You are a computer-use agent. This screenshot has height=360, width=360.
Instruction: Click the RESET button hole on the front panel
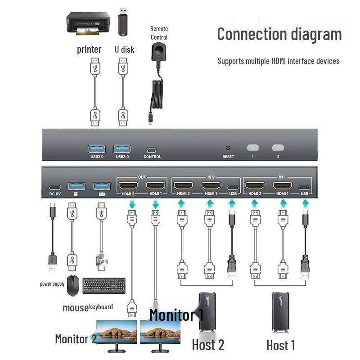228,148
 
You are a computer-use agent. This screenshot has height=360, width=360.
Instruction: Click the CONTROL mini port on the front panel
152,150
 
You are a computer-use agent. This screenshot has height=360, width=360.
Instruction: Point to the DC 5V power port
54,187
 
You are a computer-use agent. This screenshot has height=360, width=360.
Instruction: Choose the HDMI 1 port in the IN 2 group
210,185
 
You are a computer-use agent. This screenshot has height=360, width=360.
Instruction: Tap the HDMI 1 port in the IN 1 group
282,185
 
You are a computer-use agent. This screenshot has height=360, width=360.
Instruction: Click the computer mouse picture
72,286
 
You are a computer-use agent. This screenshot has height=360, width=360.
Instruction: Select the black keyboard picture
104,285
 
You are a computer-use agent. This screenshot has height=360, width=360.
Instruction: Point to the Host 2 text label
208,345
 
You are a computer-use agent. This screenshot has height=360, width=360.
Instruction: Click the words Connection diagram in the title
279,34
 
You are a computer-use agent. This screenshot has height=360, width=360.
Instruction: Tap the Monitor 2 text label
76,339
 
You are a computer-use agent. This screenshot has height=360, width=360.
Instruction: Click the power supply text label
52,284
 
